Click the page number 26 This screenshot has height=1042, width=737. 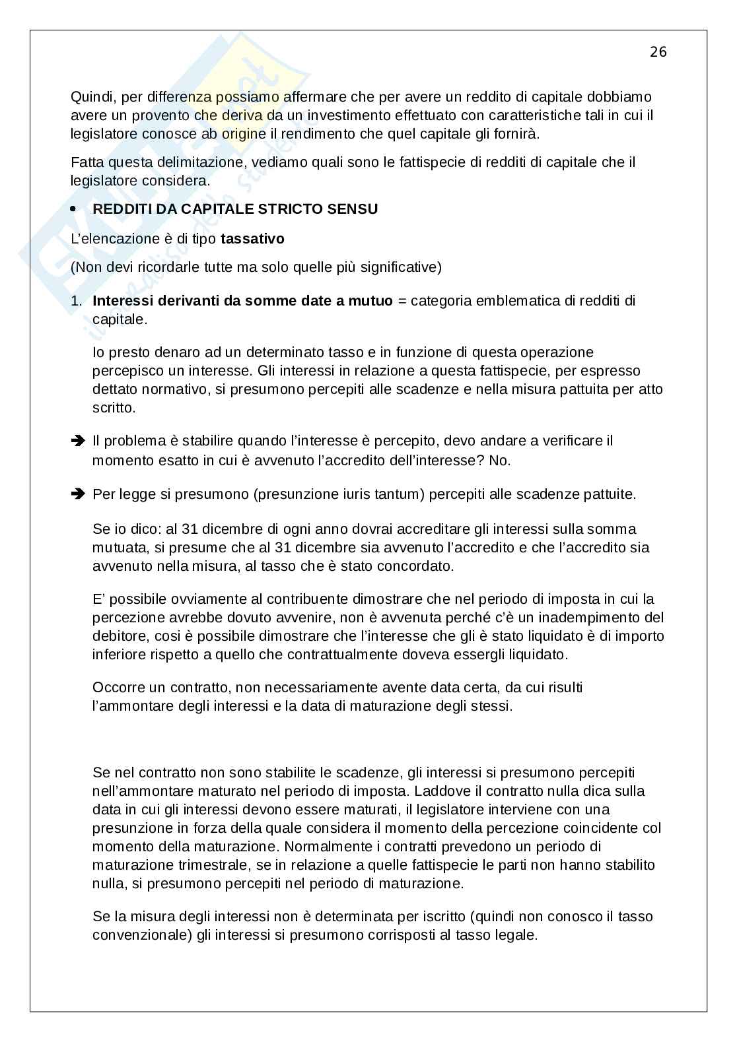(658, 52)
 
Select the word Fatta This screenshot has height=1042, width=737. (87, 162)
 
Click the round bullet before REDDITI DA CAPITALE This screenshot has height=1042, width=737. (74, 209)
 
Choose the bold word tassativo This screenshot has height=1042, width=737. (252, 239)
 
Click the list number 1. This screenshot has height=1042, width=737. (77, 301)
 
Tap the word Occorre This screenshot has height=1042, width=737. (118, 688)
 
